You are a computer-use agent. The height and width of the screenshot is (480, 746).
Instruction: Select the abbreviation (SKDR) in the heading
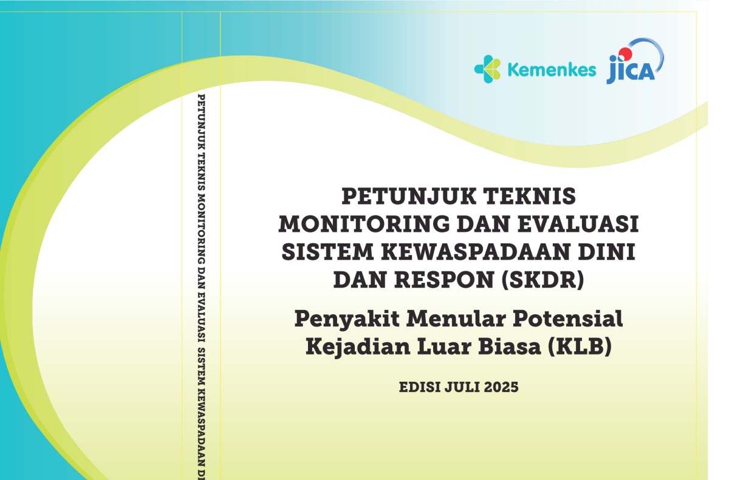543,280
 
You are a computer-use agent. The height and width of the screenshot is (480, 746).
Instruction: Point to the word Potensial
568,319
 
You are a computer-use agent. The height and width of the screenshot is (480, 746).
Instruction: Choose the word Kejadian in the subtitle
358,347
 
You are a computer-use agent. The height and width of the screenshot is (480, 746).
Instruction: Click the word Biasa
510,346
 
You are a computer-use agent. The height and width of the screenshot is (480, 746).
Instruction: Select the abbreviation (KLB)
580,346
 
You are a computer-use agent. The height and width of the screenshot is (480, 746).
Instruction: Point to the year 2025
501,387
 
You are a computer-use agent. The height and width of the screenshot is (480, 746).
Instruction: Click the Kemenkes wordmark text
552,70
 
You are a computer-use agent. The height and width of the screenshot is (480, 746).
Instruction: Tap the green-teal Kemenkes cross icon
488,69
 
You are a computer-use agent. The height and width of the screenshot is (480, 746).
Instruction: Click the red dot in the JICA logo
625,54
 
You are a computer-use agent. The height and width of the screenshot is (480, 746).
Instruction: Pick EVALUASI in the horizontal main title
578,224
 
